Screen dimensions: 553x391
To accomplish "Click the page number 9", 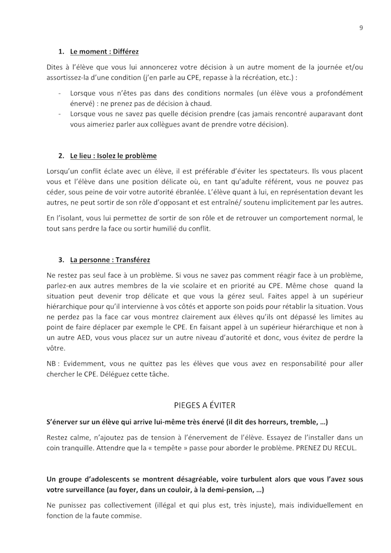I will [x=361, y=28].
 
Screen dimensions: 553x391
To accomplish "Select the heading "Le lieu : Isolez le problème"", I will [x=113, y=156].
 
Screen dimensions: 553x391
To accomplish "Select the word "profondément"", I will [x=339, y=93].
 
